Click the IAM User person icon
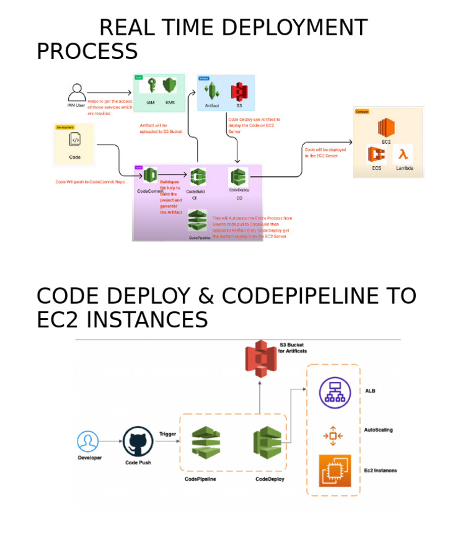click(77, 92)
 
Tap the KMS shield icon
click(169, 87)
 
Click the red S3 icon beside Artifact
click(239, 92)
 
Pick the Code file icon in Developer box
click(75, 140)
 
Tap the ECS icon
click(376, 154)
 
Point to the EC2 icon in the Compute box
click(387, 128)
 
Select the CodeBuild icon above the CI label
click(198, 178)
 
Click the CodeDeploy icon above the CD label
click(239, 177)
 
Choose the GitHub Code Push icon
click(138, 441)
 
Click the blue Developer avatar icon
click(88, 442)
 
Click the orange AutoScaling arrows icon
click(333, 436)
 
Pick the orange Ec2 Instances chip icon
click(334, 471)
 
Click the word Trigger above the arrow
click(169, 433)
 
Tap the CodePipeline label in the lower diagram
click(200, 479)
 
